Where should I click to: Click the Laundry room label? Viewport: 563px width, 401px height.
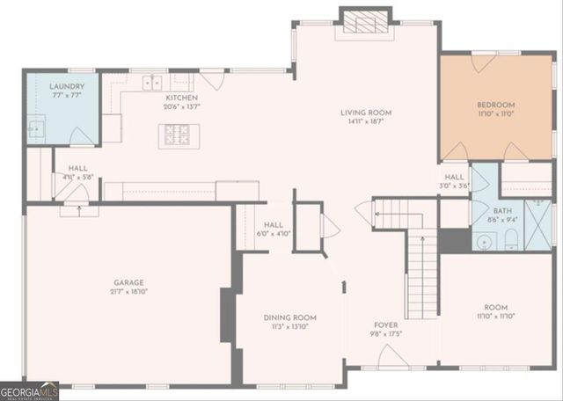point(67,86)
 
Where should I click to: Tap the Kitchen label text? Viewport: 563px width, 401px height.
point(180,98)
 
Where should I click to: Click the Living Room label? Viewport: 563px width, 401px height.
point(367,113)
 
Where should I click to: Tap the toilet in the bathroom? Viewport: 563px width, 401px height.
point(485,239)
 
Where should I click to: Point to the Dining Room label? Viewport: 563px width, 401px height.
point(289,317)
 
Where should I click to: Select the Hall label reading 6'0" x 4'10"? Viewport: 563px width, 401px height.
point(273,225)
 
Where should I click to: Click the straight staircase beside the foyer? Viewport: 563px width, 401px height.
point(422,272)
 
